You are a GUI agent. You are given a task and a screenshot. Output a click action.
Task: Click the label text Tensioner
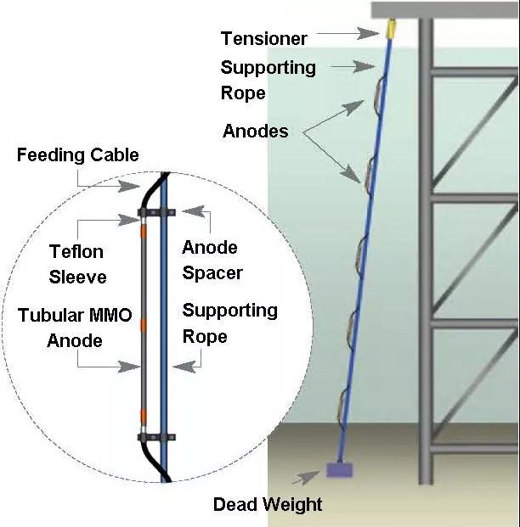[x=263, y=38]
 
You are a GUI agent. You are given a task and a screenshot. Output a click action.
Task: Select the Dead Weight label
[x=268, y=505]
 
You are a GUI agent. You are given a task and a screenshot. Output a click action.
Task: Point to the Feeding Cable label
[x=77, y=155]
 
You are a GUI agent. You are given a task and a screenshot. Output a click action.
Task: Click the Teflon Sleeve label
[x=77, y=264]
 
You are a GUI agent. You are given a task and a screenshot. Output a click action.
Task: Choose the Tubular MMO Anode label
[x=76, y=328]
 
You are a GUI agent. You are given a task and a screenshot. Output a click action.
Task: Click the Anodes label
[x=255, y=131]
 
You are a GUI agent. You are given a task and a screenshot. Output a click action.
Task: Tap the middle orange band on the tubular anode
[x=144, y=323]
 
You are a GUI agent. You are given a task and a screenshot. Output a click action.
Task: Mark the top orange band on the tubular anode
[x=144, y=231]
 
